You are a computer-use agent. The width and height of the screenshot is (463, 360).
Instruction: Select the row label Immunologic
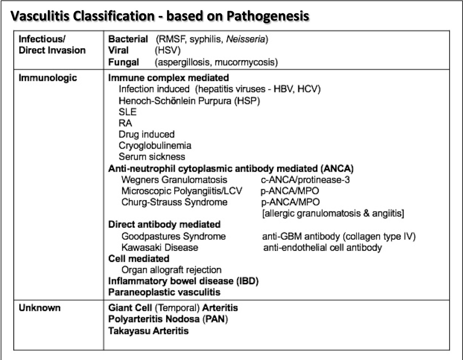(48, 78)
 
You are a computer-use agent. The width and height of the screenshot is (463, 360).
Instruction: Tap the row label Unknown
(40, 308)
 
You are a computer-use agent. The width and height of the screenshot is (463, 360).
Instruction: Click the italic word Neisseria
(245, 39)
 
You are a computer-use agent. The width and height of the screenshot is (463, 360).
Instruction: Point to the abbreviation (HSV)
(168, 51)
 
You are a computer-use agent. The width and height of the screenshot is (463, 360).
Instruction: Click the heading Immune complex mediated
(168, 78)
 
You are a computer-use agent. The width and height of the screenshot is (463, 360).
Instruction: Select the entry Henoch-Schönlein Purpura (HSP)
(189, 101)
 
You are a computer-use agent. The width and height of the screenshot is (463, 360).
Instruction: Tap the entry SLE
(127, 112)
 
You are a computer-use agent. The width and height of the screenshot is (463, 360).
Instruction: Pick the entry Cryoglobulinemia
(155, 146)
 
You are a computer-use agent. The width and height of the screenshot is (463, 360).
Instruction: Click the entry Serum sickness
(152, 157)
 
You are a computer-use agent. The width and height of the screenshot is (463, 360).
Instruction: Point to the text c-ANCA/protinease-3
(305, 180)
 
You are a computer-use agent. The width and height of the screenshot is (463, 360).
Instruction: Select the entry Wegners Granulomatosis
(174, 180)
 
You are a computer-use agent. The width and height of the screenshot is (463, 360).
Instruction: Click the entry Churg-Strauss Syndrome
(174, 202)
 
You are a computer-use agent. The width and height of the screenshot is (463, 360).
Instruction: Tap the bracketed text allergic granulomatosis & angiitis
(333, 213)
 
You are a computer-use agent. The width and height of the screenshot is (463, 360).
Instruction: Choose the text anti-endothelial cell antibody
(322, 248)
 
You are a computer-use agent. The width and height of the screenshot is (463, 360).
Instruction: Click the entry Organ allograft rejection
(171, 270)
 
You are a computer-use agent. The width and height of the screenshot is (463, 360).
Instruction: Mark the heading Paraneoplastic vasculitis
(164, 292)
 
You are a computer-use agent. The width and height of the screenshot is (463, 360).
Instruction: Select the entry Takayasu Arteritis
(148, 331)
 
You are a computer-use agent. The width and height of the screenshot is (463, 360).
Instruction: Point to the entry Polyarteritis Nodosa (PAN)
(168, 319)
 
